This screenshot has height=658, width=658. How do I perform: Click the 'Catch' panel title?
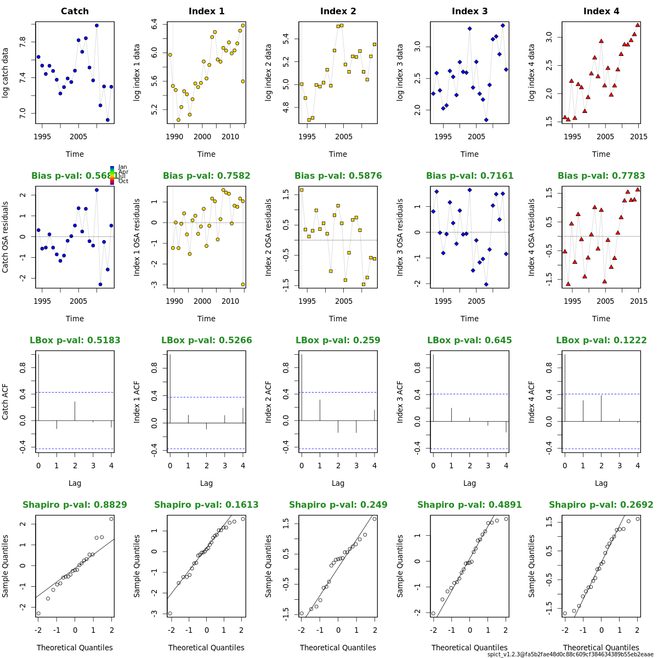click(x=75, y=12)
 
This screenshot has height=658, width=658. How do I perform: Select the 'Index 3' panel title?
click(x=469, y=12)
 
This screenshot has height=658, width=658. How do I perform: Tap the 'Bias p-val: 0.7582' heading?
click(x=206, y=176)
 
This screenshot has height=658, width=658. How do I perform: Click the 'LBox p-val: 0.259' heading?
click(x=338, y=341)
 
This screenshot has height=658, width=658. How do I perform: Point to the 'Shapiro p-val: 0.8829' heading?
click(x=75, y=505)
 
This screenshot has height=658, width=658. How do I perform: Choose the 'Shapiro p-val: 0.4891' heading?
click(x=469, y=505)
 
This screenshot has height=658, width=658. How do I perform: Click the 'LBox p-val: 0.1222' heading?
click(x=601, y=341)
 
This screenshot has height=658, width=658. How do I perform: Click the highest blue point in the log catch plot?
click(x=97, y=25)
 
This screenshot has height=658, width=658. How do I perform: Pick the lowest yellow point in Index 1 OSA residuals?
click(x=243, y=284)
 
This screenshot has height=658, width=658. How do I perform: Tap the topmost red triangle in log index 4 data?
click(x=638, y=25)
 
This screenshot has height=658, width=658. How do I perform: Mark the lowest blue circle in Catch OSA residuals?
click(x=100, y=284)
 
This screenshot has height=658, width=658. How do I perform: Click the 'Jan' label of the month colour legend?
click(x=122, y=167)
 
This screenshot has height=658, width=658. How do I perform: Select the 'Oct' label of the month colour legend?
click(x=123, y=181)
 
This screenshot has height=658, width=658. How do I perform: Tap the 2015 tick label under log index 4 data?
click(x=638, y=137)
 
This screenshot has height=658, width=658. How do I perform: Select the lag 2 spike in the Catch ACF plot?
click(x=75, y=411)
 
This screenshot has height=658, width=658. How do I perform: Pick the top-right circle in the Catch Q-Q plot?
click(x=111, y=519)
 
